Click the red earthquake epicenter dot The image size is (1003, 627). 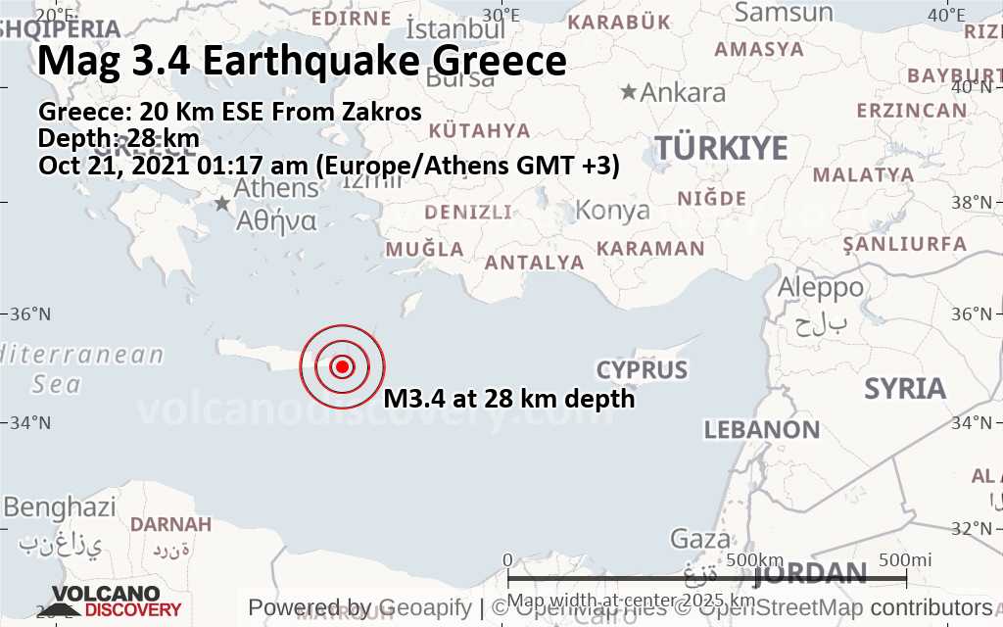pyautogui.click(x=342, y=366)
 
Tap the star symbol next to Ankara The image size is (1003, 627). pyautogui.click(x=628, y=92)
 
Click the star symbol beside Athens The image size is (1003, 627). pyautogui.click(x=223, y=203)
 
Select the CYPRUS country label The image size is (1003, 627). pyautogui.click(x=643, y=370)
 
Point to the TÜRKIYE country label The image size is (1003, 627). pyautogui.click(x=721, y=148)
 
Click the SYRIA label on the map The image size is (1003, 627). pyautogui.click(x=905, y=389)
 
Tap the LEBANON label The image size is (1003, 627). pyautogui.click(x=762, y=429)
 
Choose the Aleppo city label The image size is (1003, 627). pyautogui.click(x=820, y=288)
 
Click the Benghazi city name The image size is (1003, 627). pyautogui.click(x=59, y=507)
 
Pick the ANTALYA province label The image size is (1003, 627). pyautogui.click(x=535, y=263)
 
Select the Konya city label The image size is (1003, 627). pyautogui.click(x=612, y=210)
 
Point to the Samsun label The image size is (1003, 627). pyautogui.click(x=784, y=13)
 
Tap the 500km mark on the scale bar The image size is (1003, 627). pyautogui.click(x=756, y=559)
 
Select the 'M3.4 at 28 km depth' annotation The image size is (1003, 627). pyautogui.click(x=509, y=400)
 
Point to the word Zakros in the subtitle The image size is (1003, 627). pyautogui.click(x=378, y=112)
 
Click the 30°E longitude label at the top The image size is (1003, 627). pyautogui.click(x=501, y=15)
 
